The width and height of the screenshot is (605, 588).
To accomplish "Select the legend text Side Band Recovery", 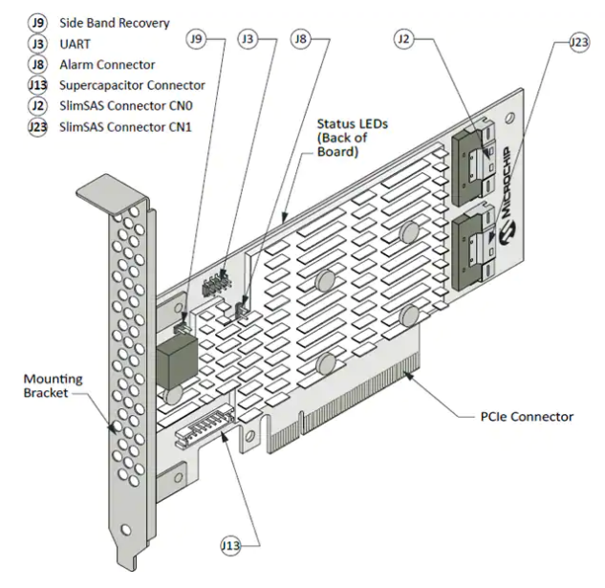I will (114, 22).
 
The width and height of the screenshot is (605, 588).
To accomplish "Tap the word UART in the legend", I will (75, 43).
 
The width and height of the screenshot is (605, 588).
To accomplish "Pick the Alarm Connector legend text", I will (107, 64).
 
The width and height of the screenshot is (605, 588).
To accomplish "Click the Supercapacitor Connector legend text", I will (129, 85).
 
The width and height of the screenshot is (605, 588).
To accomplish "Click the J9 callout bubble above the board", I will (197, 39).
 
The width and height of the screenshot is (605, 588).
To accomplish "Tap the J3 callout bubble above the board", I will (248, 39).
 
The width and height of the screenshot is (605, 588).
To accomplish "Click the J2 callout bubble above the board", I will (404, 39).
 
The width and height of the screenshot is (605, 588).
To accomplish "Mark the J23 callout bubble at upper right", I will (578, 42).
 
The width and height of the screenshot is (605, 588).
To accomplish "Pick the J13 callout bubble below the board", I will (228, 545).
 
